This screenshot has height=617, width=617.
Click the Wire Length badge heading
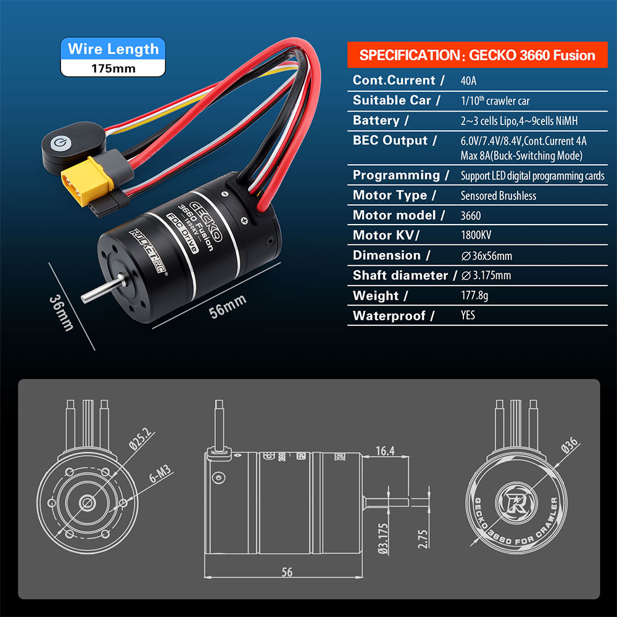pyautogui.click(x=113, y=49)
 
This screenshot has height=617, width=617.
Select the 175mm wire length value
pyautogui.click(x=113, y=67)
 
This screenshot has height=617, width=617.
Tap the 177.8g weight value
pyautogui.click(x=474, y=296)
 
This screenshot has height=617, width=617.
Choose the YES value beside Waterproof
pyautogui.click(x=468, y=316)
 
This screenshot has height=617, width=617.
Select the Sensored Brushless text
pyautogui.click(x=499, y=196)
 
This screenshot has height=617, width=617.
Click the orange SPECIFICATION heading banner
pyautogui.click(x=477, y=55)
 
